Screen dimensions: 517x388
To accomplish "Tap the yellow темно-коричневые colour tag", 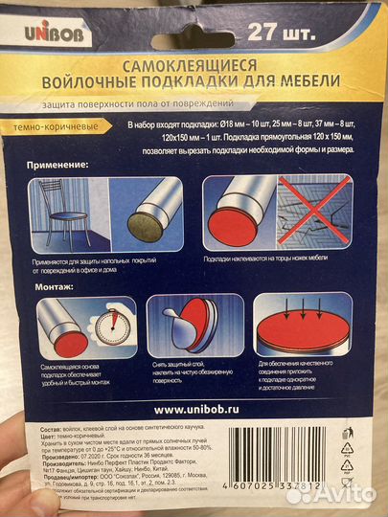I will click(71, 125).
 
